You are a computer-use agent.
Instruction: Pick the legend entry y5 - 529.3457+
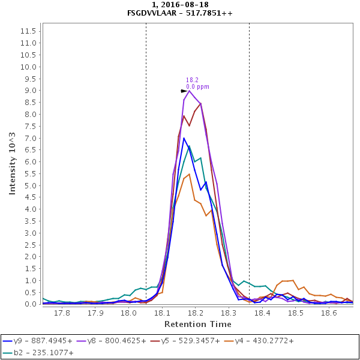[x=203, y=340]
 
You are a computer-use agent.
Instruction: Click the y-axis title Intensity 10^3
[x=12, y=163]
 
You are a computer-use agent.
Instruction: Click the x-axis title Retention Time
[x=197, y=324]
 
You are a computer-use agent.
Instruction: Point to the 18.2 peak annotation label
[x=192, y=80]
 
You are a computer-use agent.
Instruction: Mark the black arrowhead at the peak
[x=184, y=91]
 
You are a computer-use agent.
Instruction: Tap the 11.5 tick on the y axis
[x=30, y=31]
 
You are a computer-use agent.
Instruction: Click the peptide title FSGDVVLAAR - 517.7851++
[x=180, y=13]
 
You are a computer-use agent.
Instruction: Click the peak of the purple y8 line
[x=189, y=91]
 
